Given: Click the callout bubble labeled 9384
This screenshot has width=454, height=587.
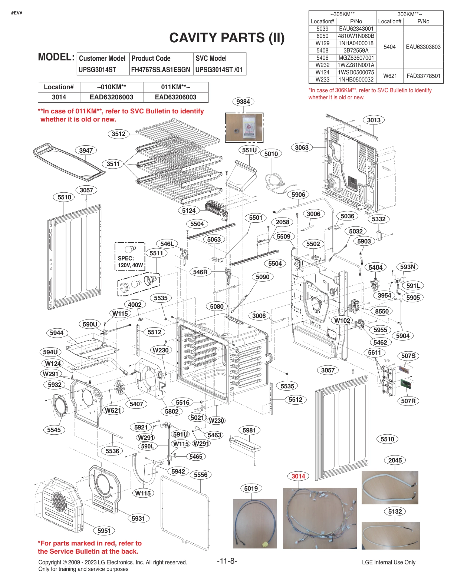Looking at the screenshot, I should click(243, 102).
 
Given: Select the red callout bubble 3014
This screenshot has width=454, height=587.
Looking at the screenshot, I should click(298, 476).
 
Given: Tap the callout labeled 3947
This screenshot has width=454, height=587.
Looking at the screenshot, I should click(86, 150).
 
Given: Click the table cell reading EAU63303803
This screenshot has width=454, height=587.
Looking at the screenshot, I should click(423, 47).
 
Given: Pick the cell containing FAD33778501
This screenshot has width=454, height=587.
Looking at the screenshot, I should click(423, 76).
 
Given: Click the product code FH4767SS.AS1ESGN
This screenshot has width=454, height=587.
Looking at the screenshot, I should click(161, 70).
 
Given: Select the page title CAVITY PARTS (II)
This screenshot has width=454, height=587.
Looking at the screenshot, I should click(227, 38).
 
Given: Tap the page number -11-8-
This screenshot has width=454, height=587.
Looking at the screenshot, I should click(227, 561).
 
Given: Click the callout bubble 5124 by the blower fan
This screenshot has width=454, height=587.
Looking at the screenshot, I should click(188, 210).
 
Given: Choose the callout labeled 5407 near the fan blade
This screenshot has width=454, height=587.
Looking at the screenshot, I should click(136, 404).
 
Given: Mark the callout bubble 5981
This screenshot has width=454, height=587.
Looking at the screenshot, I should click(249, 430).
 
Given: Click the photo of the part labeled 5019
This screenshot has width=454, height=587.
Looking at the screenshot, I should click(255, 524).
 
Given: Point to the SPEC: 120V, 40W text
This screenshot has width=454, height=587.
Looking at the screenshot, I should click(129, 262).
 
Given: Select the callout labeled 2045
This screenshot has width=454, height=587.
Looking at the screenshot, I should click(395, 460).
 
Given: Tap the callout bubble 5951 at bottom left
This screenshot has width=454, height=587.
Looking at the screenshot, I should click(104, 531).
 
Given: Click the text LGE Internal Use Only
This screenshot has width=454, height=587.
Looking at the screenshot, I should click(388, 562).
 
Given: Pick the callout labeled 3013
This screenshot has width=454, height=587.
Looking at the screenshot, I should click(374, 120).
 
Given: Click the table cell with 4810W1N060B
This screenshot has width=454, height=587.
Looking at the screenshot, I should click(356, 36).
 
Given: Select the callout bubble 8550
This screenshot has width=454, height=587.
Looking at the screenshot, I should click(381, 311).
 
